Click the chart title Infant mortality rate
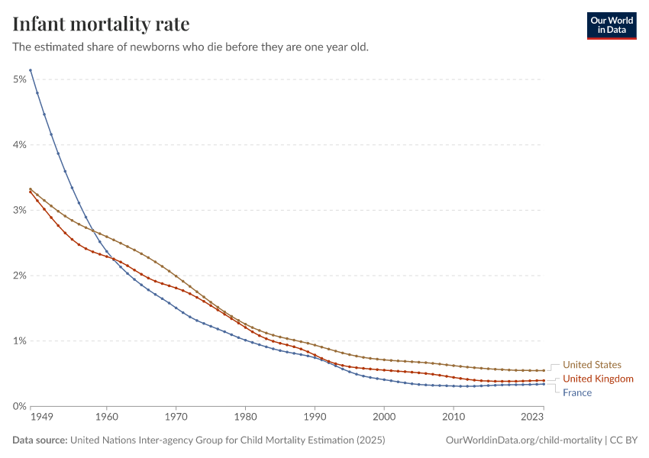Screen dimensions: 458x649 pos(102,24)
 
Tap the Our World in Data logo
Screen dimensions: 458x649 pos(611,24)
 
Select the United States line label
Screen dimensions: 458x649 pos(592,365)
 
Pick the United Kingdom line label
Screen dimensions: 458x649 pos(598,379)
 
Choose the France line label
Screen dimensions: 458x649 pos(576,392)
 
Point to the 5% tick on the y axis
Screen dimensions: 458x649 pos(20,79)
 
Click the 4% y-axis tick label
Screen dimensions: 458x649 pos(20,145)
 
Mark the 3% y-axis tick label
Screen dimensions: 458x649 pos(20,210)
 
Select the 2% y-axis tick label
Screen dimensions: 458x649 pos(20,276)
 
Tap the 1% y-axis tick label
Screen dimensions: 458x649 pos(20,340)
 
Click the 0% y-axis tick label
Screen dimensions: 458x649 pos(20,406)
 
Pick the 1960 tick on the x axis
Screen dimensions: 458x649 pos(106,418)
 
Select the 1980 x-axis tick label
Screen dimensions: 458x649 pos(245,418)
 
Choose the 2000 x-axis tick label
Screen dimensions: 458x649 pos(384,418)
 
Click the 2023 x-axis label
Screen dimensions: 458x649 pos(531,418)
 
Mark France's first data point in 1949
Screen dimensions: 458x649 pos(30,70)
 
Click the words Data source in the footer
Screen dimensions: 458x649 pos(40,440)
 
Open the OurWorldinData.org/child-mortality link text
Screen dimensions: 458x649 pos(523,440)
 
